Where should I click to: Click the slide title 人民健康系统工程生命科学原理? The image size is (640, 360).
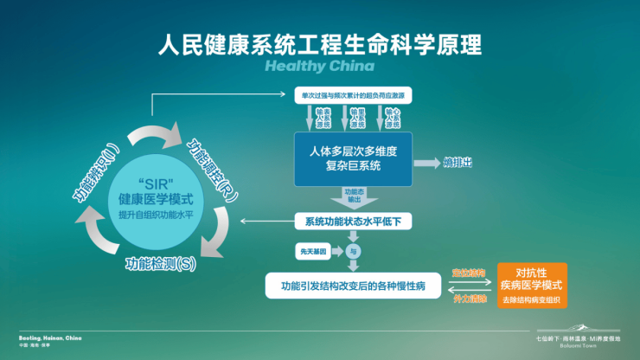coord(320,44)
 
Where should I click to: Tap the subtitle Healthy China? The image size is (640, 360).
coord(320,66)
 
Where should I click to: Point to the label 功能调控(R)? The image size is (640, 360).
coord(211,164)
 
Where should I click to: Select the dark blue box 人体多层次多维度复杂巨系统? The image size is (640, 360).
coord(354,158)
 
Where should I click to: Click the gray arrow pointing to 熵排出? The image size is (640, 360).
coord(426,162)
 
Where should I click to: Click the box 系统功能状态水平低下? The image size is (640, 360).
coord(354,222)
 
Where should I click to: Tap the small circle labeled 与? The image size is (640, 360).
coord(353,252)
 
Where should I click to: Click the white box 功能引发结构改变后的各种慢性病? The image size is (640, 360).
coord(354,284)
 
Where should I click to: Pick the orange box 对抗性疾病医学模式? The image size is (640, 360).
coord(532,285)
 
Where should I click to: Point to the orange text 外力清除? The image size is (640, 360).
coord(468,297)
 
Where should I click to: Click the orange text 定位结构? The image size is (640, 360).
coord(468,273)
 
